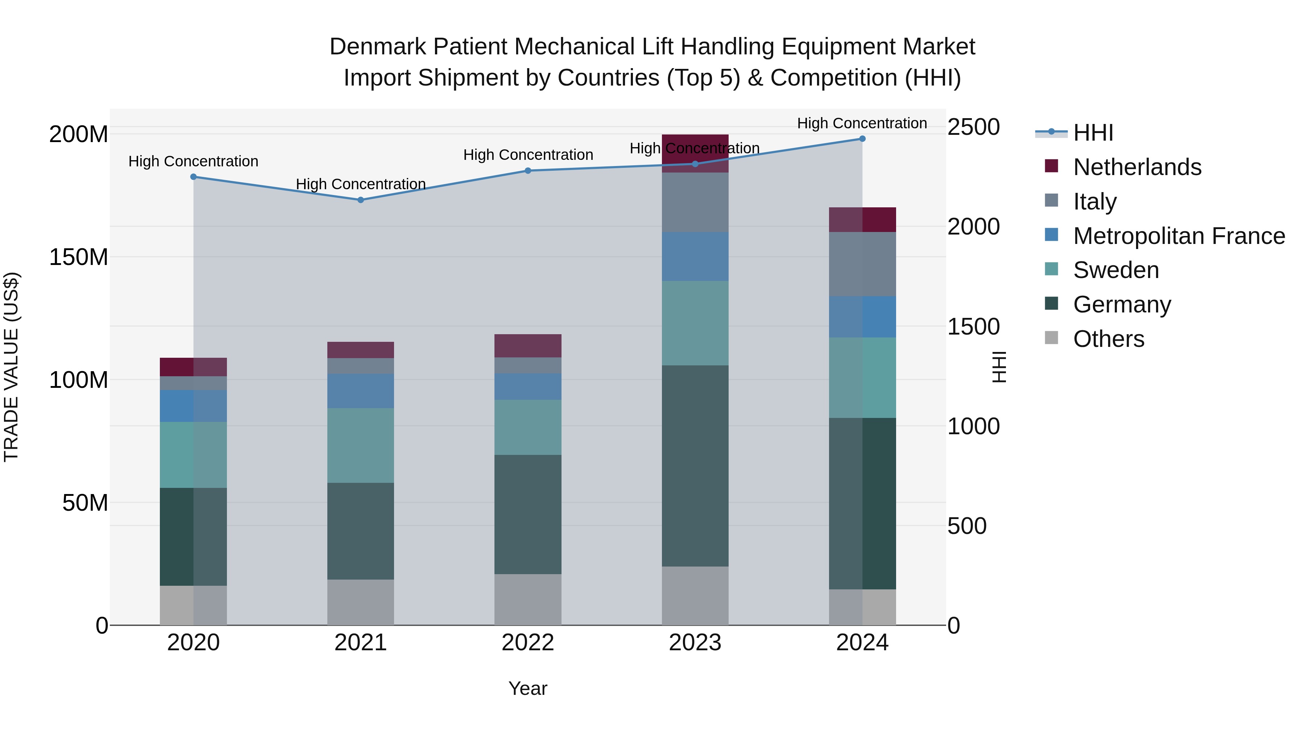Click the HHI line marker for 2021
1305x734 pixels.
pyautogui.click(x=360, y=200)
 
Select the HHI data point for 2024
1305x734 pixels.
pyautogui.click(x=862, y=139)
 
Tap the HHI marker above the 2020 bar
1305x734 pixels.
pyautogui.click(x=194, y=177)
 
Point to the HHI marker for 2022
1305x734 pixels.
pyautogui.click(x=528, y=171)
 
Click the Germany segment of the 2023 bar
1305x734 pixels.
pyautogui.click(x=695, y=466)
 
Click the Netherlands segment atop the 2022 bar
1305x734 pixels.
pyautogui.click(x=528, y=346)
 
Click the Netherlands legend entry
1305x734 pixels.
pyautogui.click(x=1137, y=167)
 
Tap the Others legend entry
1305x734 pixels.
pyautogui.click(x=1109, y=339)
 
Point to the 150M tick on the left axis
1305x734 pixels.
pyautogui.click(x=79, y=257)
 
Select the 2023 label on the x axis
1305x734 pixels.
pyautogui.click(x=695, y=643)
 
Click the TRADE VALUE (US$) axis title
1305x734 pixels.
pyautogui.click(x=11, y=367)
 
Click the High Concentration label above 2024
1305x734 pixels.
pyautogui.click(x=862, y=123)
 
